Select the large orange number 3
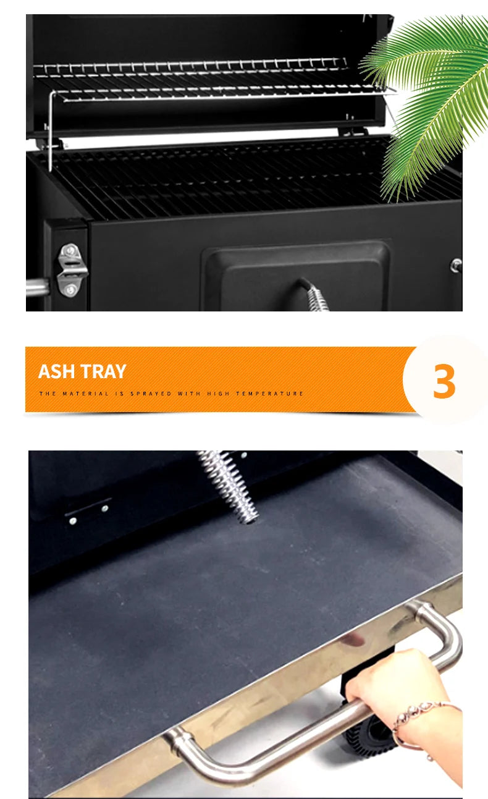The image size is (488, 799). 444,381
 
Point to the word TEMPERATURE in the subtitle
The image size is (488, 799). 269,394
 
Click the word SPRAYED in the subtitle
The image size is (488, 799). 151,394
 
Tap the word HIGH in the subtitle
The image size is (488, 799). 217,394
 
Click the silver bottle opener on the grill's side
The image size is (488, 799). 72,270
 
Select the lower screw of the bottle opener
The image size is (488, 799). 70,289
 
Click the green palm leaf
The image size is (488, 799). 427,100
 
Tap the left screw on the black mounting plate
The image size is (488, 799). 73,521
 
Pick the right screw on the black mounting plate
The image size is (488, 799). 105,509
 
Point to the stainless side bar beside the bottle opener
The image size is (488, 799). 38,287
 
